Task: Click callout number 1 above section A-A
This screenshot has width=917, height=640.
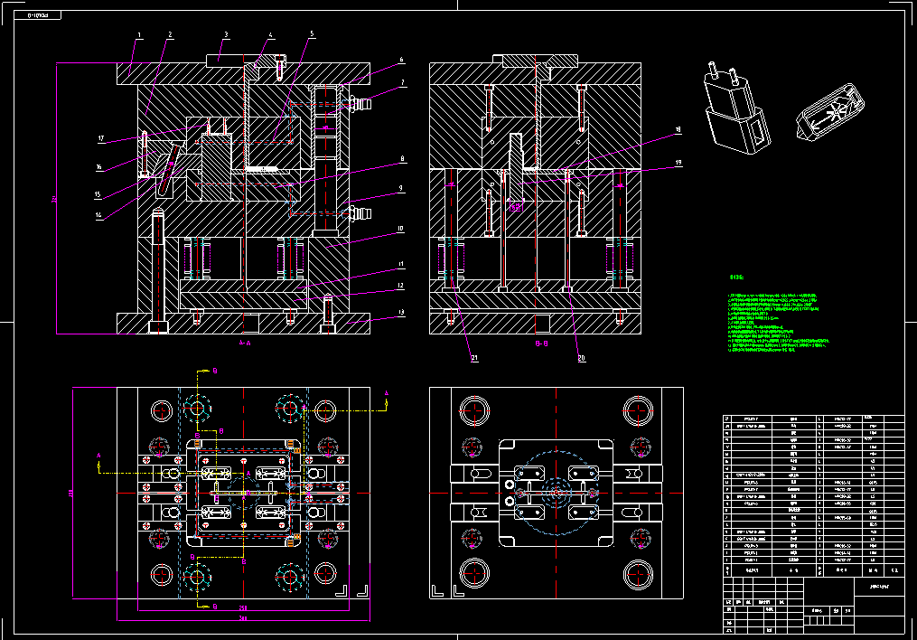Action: (139, 35)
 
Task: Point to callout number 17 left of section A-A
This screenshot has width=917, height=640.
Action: (102, 139)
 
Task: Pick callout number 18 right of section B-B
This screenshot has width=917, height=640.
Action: (678, 130)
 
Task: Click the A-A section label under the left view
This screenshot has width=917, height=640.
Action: (244, 344)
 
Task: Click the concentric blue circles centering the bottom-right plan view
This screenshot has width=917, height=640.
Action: (558, 494)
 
